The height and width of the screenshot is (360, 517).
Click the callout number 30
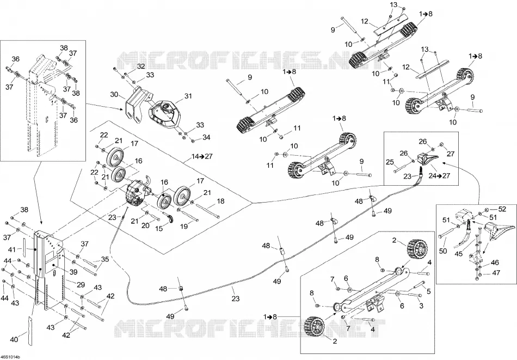click(x=114, y=94)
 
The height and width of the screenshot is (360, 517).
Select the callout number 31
click(x=188, y=96)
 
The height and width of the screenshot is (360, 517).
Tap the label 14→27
click(x=202, y=156)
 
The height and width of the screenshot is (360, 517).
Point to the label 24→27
click(x=440, y=175)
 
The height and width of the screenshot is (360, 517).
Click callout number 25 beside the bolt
click(x=390, y=162)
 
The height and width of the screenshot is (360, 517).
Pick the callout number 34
click(x=206, y=137)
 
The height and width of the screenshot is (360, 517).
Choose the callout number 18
click(x=220, y=202)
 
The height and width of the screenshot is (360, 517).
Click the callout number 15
click(x=159, y=228)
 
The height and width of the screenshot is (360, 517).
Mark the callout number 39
click(x=73, y=272)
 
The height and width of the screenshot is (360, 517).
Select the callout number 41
click(x=12, y=250)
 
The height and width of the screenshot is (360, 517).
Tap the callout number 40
click(x=14, y=339)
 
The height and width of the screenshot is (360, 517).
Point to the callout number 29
click(x=81, y=285)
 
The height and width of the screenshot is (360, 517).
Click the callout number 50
click(x=443, y=251)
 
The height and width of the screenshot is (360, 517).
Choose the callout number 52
click(x=502, y=209)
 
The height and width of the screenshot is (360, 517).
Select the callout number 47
click(x=496, y=273)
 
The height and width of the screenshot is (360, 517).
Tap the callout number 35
click(x=105, y=259)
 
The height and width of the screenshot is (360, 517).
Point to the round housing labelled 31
click(x=164, y=114)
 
